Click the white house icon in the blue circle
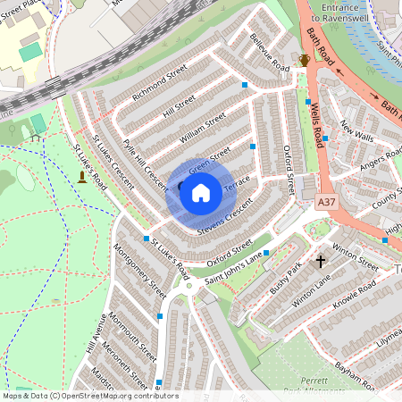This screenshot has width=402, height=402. (x=201, y=192)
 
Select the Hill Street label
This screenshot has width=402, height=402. (x=179, y=106)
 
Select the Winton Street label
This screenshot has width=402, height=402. (x=355, y=258)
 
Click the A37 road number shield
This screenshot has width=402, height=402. (x=328, y=204)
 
